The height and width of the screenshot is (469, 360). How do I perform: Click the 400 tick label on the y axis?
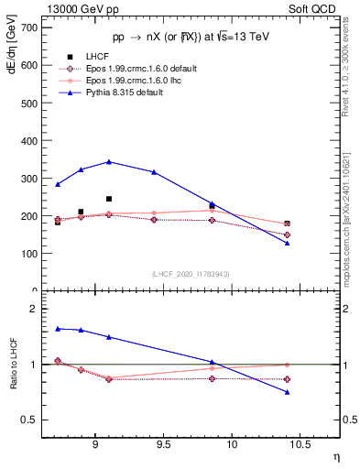pyautogui.click(x=29, y=141)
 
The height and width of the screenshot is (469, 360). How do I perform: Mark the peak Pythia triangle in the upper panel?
pyautogui.click(x=109, y=161)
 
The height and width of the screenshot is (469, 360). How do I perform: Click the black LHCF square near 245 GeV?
pyautogui.click(x=109, y=199)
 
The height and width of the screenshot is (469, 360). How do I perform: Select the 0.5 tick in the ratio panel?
pyautogui.click(x=29, y=420)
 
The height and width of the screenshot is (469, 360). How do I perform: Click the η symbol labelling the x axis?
pyautogui.click(x=335, y=455)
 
